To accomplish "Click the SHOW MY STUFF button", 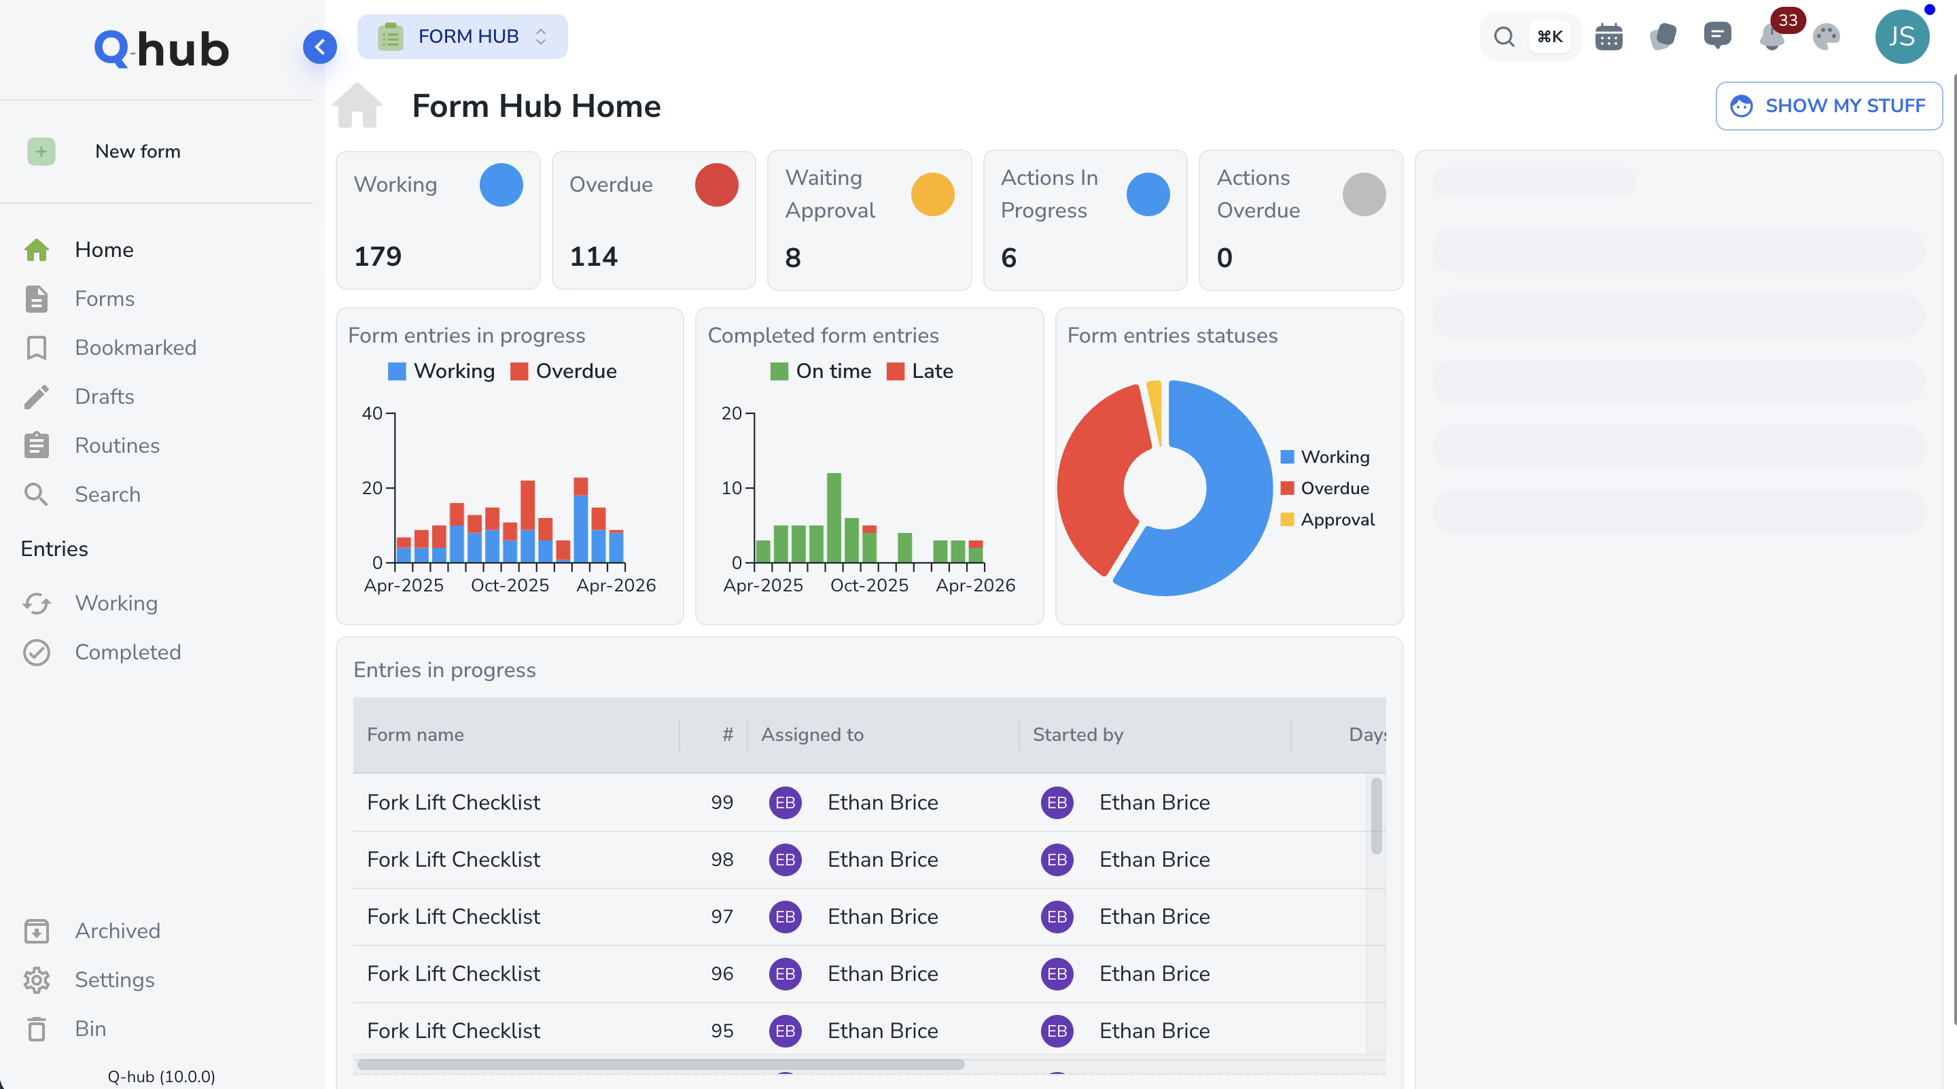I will coord(1828,105).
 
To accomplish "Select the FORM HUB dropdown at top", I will coord(463,37).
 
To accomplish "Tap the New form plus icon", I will coord(41,151).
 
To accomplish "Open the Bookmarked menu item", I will coord(135,347).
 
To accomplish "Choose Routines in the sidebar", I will coord(117,445).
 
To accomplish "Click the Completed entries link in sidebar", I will coord(128,652).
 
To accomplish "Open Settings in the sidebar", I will coord(114,980).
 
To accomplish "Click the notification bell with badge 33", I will coord(1771,37).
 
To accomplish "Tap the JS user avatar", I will coord(1901,37).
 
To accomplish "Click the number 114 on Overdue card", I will coord(593,257).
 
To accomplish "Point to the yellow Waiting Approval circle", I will coord(932,194).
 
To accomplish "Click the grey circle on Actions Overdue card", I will coord(1364,194).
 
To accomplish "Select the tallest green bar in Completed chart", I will coord(833,517).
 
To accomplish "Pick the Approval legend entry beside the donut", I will coord(1337,520).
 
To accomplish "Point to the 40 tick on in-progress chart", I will coord(372,413).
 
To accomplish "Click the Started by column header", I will coord(1077,734).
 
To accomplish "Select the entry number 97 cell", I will coord(721,916).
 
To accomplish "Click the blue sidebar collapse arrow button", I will coord(320,47).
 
